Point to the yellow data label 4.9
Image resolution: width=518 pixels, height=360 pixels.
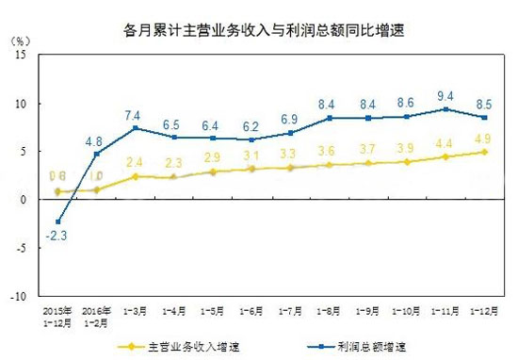click(483, 138)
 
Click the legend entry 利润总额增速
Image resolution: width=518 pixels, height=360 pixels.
click(372, 346)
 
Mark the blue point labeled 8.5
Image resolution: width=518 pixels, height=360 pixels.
click(484, 117)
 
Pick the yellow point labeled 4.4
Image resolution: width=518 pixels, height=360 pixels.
click(445, 156)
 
